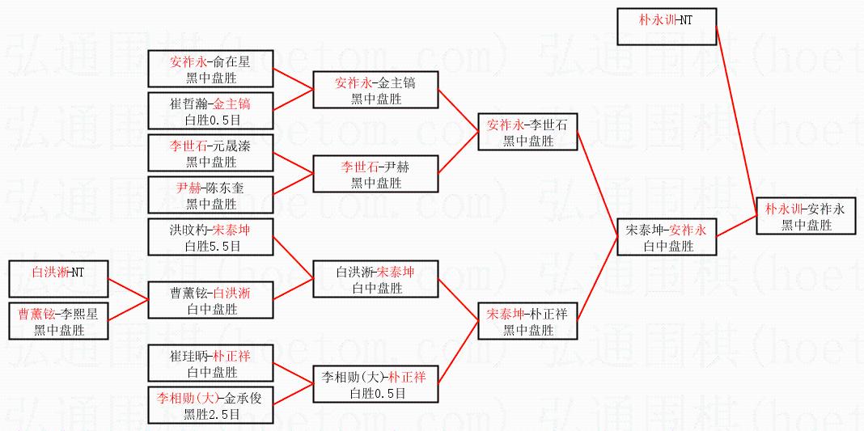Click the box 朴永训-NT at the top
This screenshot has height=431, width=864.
[666, 26]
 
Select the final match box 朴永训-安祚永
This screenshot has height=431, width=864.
[806, 216]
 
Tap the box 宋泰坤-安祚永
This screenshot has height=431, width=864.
[666, 237]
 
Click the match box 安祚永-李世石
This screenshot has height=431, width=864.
[527, 132]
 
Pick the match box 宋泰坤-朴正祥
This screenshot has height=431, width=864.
[527, 321]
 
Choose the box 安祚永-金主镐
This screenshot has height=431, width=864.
[375, 90]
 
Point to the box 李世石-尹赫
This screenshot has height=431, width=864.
[375, 174]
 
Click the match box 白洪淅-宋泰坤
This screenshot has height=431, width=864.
[375, 279]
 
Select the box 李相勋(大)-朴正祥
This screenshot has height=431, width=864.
[375, 384]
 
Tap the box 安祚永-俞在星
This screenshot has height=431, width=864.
[210, 68]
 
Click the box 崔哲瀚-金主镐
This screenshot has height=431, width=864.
[210, 111]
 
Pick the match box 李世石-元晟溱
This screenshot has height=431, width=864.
[210, 153]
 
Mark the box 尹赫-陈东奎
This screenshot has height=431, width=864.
[210, 195]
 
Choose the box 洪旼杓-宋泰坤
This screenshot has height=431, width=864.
[210, 237]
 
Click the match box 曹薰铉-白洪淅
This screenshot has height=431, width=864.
[210, 300]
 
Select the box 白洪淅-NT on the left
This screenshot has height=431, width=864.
[57, 279]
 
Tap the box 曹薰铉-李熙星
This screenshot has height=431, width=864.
[57, 321]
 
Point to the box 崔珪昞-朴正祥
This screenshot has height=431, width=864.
[210, 363]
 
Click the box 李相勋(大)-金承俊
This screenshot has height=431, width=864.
[210, 405]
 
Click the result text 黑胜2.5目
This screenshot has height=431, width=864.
[211, 414]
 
